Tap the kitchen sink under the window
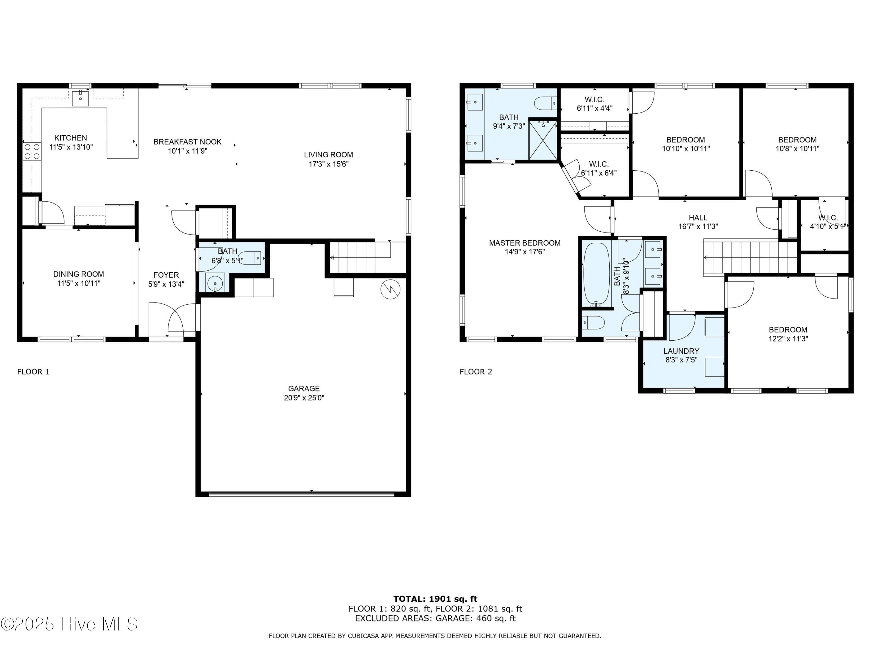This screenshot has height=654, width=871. pos(81,97)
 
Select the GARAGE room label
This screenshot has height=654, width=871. pos(304,388)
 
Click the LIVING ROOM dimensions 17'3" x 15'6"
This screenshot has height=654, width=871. pos(328,164)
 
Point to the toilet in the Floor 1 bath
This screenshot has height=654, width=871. pos(250,258)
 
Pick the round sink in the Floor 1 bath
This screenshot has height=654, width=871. pos(215,283)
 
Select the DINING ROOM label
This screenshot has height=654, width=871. pos(79,274)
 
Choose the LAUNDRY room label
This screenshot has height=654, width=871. pos(681,351)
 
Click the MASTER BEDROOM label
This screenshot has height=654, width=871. pos(525,243)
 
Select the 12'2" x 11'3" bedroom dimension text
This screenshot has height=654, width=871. pos(788,339)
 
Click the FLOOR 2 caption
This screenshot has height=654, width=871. pos(476,372)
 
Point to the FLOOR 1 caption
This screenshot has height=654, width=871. pos(33,372)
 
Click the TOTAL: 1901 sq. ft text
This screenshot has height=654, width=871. pos(435,599)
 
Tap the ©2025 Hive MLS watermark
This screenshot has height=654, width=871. pos(69,624)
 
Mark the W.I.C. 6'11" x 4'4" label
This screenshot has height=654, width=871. pos(595,104)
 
